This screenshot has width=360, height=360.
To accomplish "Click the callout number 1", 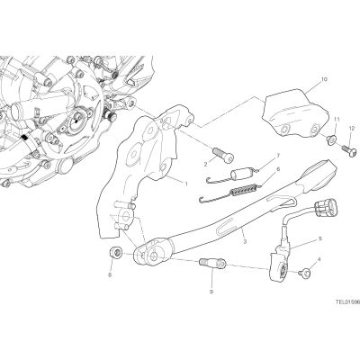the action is point(186,184).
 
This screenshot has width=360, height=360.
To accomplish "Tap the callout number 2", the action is point(206,164).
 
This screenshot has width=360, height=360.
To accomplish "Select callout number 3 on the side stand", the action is point(245,241).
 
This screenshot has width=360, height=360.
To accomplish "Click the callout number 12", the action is point(352,129).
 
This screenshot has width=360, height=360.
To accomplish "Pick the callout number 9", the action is point(211,292).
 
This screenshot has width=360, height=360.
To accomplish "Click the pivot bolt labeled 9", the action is point(212,265).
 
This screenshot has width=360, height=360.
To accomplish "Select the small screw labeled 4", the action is point(304,273).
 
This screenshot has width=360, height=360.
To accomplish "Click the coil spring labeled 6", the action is point(245,190).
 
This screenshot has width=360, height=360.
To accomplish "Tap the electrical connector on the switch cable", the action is point(325,208).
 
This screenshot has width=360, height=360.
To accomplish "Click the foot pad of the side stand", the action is point(319,175).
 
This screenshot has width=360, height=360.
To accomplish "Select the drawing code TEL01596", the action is point(347,302).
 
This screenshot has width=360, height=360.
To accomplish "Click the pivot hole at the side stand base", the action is point(154,256).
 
